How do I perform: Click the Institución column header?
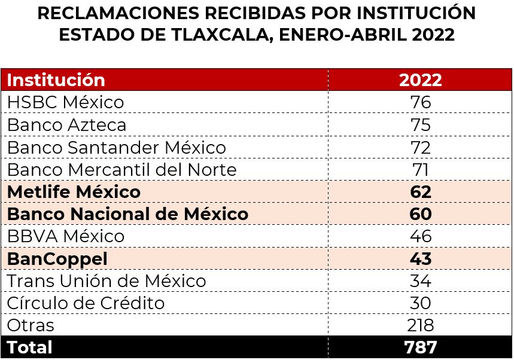(56, 80)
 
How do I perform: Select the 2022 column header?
(420, 80)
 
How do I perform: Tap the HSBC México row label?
(65, 102)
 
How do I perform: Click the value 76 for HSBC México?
(420, 102)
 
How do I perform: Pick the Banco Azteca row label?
(66, 125)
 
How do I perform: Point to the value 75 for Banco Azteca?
(420, 125)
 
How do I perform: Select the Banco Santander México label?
(116, 147)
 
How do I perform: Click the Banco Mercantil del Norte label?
(121, 170)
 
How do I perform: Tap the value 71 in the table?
(420, 170)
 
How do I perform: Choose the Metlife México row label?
(74, 192)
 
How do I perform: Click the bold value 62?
(420, 192)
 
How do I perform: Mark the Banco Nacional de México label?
(127, 214)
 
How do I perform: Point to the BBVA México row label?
(65, 236)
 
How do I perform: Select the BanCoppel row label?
(57, 259)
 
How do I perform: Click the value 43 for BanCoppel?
(420, 259)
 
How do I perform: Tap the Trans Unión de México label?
(106, 281)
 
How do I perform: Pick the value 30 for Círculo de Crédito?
(420, 303)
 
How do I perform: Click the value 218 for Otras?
(420, 325)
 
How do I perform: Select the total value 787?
(420, 347)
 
